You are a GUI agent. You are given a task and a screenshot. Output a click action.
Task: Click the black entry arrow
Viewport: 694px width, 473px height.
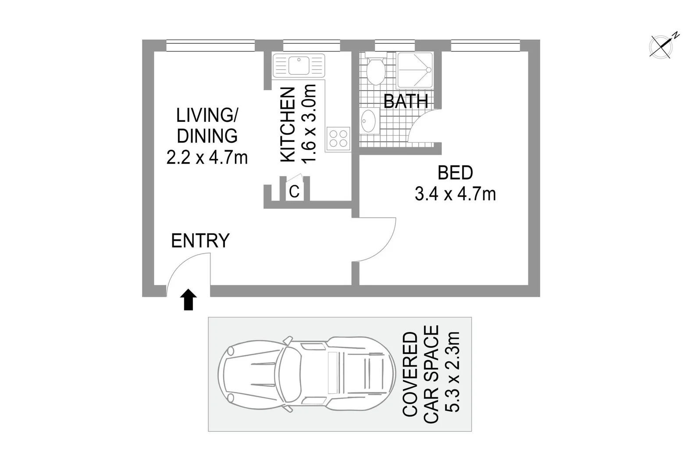189,300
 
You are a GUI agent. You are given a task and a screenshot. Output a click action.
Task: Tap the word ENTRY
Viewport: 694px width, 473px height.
200,241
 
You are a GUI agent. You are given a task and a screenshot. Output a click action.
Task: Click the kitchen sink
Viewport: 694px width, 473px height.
299,66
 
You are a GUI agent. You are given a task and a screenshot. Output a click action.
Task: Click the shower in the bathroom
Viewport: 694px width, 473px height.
415,70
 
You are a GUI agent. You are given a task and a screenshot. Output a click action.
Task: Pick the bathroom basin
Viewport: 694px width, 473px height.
368,121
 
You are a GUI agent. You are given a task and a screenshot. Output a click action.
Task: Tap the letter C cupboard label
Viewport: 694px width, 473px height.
294,191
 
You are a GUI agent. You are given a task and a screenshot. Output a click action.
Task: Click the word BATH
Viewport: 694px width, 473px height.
406,102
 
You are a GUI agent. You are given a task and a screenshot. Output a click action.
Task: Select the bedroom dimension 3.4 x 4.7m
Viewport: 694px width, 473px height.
455,194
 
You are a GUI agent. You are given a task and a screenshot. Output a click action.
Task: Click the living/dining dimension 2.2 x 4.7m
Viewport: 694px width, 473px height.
207,157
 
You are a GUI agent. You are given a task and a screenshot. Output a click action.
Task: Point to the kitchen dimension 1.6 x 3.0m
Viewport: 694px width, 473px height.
310,124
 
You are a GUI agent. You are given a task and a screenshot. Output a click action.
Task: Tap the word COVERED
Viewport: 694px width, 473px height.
410,374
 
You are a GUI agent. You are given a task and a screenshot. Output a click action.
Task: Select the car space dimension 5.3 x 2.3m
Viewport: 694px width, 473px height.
452,372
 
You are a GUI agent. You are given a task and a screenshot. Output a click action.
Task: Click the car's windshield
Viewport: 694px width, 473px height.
290,374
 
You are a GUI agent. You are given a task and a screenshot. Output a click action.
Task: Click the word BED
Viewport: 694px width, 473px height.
456,173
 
